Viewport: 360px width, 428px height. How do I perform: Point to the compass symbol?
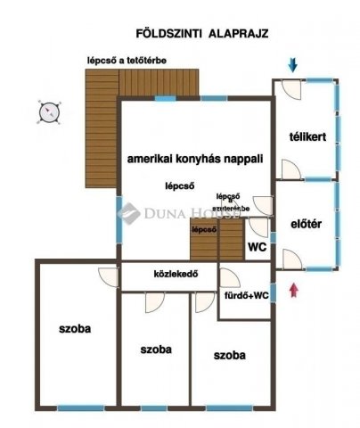pos(49,111)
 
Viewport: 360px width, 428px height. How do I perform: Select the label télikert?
pos(306,138)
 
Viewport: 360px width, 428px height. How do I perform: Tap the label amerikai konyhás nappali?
pos(195,157)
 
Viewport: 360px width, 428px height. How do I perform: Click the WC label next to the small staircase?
pos(257,247)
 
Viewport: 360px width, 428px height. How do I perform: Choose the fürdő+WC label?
pos(246,295)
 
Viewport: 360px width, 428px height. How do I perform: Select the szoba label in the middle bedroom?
pos(156,349)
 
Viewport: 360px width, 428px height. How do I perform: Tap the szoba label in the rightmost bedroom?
pos(230,355)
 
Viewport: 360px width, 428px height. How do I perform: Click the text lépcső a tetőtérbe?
pos(126,61)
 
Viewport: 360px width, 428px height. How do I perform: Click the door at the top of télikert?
pos(289,89)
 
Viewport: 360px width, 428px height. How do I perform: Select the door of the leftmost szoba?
pos(108,277)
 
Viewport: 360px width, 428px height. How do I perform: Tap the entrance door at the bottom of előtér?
pos(290,259)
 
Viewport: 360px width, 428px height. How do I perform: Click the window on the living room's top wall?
pos(166,97)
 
